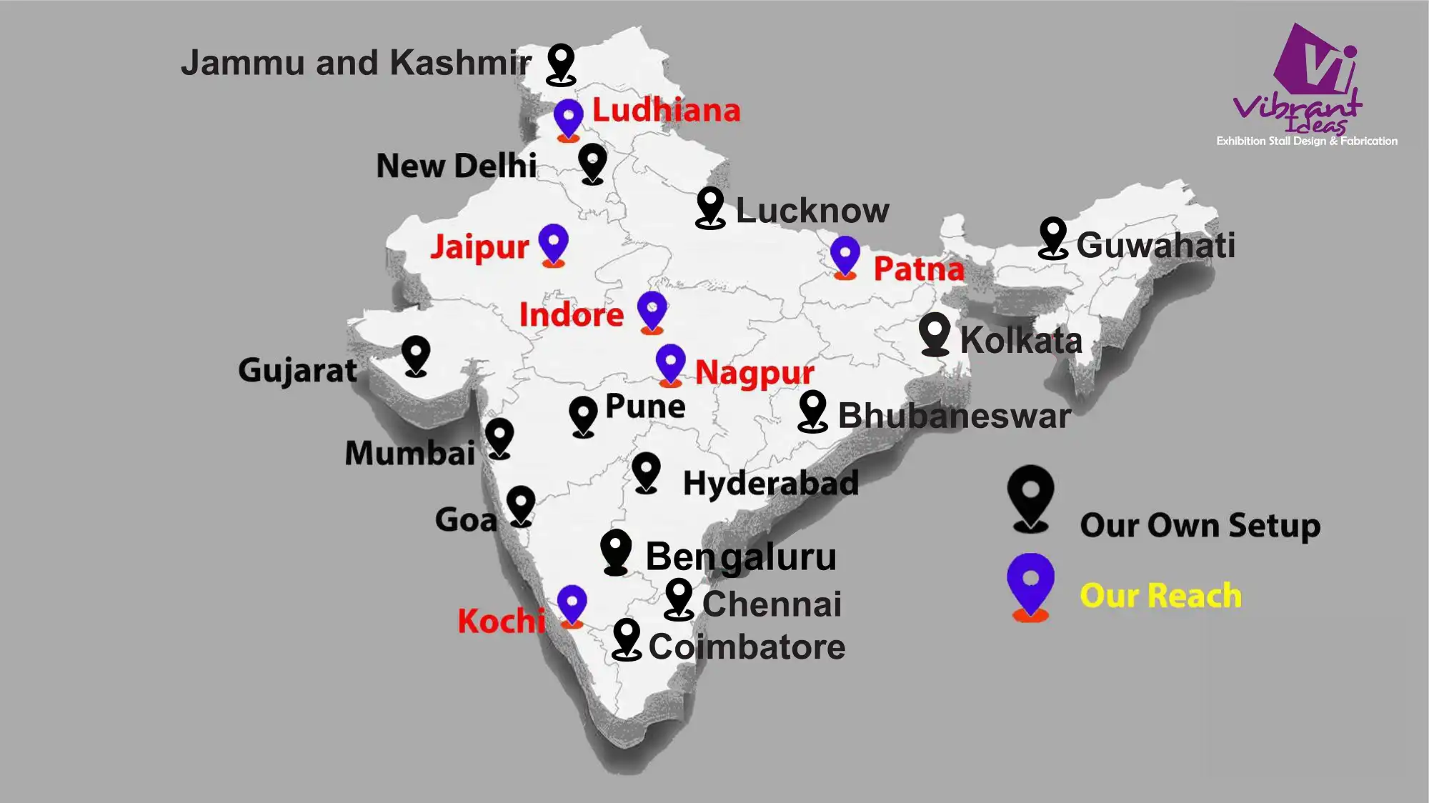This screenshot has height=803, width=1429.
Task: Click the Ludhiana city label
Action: tap(666, 111)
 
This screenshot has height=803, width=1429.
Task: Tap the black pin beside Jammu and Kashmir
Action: tap(561, 63)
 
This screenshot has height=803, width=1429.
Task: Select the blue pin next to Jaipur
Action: tap(553, 243)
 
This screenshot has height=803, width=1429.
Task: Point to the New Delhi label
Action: tap(456, 166)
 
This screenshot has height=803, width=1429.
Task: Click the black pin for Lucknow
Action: tap(710, 206)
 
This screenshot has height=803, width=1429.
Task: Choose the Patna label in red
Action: tap(919, 269)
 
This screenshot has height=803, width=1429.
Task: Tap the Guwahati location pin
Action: tap(1052, 236)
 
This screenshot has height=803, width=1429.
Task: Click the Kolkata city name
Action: tap(1021, 340)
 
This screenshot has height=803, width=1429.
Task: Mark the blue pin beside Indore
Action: tap(652, 311)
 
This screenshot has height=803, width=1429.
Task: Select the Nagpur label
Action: tap(755, 372)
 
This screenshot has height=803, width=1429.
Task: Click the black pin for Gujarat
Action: tap(416, 354)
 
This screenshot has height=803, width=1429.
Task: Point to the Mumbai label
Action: tap(410, 453)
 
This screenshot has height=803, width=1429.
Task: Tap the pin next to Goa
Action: tap(521, 504)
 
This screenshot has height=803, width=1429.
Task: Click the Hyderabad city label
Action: tap(771, 483)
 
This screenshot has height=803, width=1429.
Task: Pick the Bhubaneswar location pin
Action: tap(812, 410)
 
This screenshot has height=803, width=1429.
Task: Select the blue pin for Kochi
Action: tap(572, 604)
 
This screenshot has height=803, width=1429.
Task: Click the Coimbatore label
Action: tap(747, 647)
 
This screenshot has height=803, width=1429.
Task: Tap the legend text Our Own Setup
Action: tap(1200, 526)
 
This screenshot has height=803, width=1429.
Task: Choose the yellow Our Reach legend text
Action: tap(1160, 596)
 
